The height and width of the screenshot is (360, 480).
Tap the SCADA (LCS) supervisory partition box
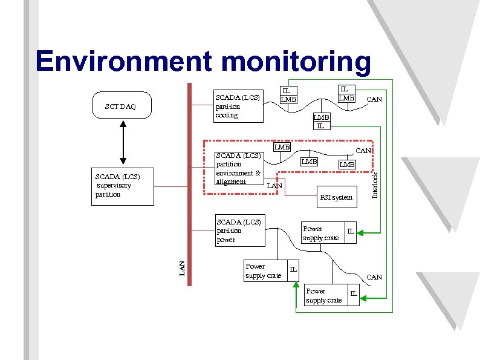coord(123,188)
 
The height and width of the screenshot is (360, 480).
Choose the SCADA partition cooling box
coord(239,106)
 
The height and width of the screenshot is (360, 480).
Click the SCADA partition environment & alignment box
coord(239,168)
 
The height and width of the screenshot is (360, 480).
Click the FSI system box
coord(336,197)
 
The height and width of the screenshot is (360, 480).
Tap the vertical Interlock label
coord(375,185)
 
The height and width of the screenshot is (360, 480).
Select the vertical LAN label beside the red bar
coord(182,268)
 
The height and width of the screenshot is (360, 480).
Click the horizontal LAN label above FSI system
coord(274,186)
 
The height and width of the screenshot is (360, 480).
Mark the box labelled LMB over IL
coord(321,121)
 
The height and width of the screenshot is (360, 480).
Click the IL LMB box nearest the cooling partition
coord(289,94)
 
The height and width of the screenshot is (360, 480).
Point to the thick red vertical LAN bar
coord(190,182)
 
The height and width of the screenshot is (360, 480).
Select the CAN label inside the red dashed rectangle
coord(363,150)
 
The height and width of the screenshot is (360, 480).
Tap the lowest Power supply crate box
coord(325,296)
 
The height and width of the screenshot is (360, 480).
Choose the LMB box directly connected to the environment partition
coord(281,147)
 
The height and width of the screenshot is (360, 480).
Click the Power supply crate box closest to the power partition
coord(264,270)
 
